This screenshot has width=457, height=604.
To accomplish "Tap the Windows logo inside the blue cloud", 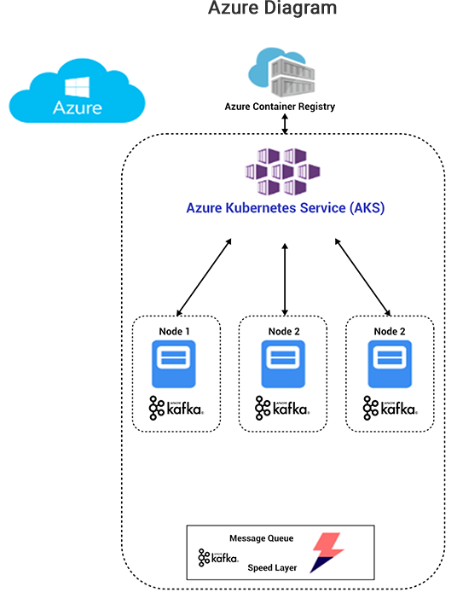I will point(78,86).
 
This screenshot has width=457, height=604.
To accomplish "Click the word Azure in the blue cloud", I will point(78,108).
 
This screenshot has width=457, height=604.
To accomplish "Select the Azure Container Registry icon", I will point(281,73).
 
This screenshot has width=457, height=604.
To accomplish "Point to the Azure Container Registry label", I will point(280,107).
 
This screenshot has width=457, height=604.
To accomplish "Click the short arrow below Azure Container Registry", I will point(285,124).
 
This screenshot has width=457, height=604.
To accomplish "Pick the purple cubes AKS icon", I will point(282,171).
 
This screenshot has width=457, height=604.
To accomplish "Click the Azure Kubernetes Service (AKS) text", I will point(286,207).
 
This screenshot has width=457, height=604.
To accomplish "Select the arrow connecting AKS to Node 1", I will point(204,277).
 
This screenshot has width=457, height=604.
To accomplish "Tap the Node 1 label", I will point(176,330).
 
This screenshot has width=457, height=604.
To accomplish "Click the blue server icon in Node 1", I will point(173,364).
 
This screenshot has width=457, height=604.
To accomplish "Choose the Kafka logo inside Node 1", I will point(176,409).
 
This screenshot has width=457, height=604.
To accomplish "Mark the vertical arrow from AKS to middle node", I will point(285,278).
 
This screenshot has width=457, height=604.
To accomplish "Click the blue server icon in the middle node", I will point(283,364).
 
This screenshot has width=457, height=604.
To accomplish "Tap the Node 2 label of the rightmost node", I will point(390,330).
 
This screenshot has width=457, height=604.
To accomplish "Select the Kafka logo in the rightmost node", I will point(390,409).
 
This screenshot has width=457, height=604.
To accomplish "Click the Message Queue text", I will point(261,538).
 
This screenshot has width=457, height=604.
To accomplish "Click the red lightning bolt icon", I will point(325,552).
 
